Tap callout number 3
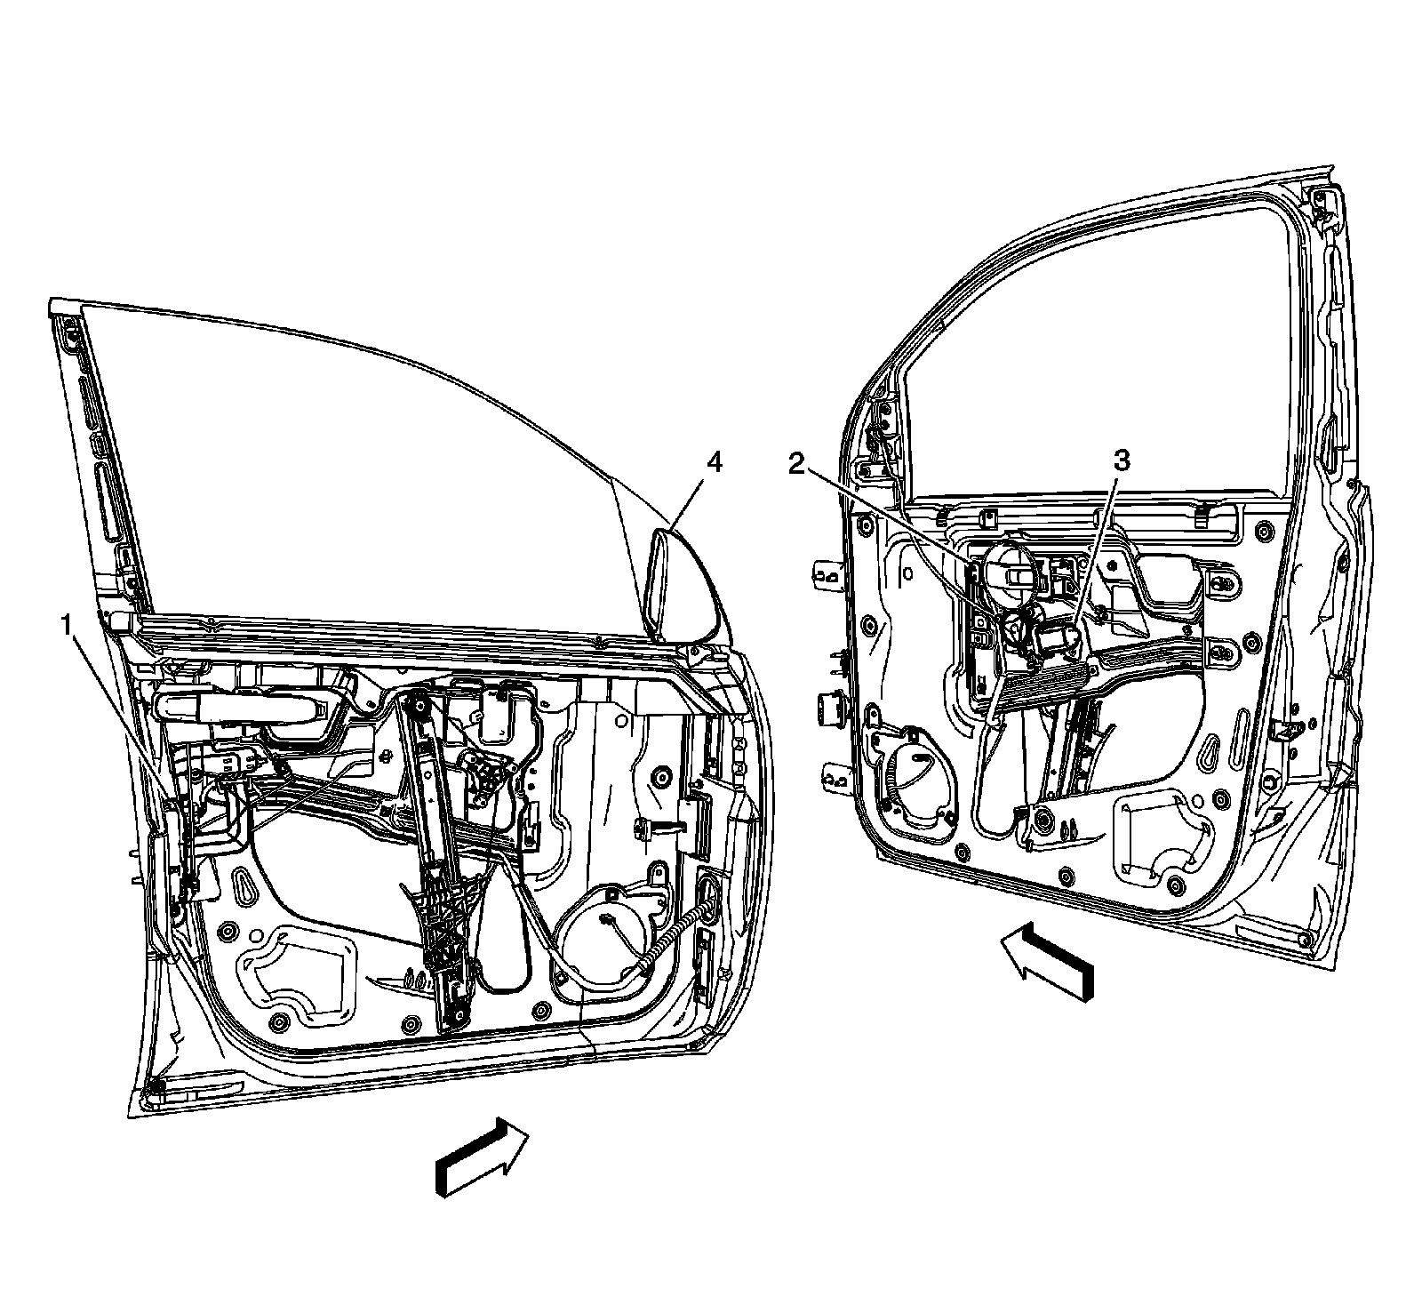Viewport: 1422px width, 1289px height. click(1122, 460)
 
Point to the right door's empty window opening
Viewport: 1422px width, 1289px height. click(1102, 356)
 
